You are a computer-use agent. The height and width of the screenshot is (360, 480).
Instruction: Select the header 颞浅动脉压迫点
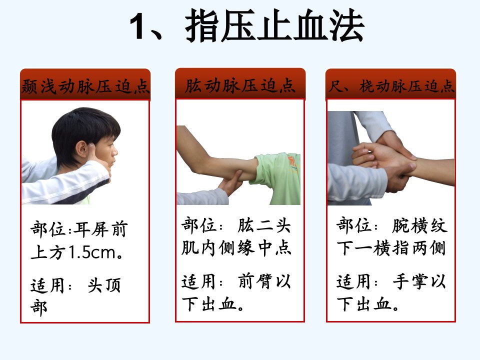85,86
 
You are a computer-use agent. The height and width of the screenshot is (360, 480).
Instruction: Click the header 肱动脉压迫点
240,85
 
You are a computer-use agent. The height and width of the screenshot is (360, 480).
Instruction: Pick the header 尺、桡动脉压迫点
391,86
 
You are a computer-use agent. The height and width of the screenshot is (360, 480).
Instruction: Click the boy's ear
82,149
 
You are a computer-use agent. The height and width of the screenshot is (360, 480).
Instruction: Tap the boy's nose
115,151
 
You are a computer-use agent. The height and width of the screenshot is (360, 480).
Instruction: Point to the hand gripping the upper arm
230,183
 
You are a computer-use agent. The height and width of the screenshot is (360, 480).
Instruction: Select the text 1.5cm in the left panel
92,252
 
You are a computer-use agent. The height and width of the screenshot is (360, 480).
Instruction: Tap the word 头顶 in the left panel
104,285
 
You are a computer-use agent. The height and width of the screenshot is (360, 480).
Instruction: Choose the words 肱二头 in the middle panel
264,225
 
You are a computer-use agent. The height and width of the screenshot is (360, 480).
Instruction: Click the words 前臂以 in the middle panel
264,281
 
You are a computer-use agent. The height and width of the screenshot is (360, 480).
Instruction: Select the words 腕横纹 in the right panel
419,225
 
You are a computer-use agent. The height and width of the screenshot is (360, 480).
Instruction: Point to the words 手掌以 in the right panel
419,281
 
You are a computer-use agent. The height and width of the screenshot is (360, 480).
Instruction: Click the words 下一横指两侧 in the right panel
391,248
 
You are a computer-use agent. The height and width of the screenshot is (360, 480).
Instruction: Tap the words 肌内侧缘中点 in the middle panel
236,247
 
